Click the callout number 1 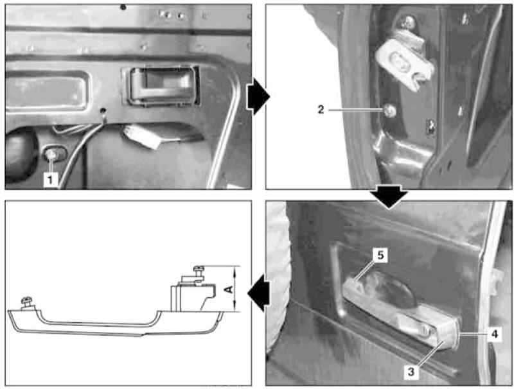pos(50,180)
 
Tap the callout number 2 pos(321,109)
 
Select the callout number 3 pos(411,372)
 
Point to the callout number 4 pos(495,334)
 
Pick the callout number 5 pos(380,255)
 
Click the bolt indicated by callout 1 pos(52,154)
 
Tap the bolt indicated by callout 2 pos(390,110)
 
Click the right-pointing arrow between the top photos pos(258,96)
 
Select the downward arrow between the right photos pos(389,196)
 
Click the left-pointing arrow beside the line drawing pos(259,293)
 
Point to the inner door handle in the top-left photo pos(161,85)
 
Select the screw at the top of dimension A pos(199,269)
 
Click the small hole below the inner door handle pos(103,110)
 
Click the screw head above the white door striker pos(407,22)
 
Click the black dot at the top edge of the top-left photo pos(123,7)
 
